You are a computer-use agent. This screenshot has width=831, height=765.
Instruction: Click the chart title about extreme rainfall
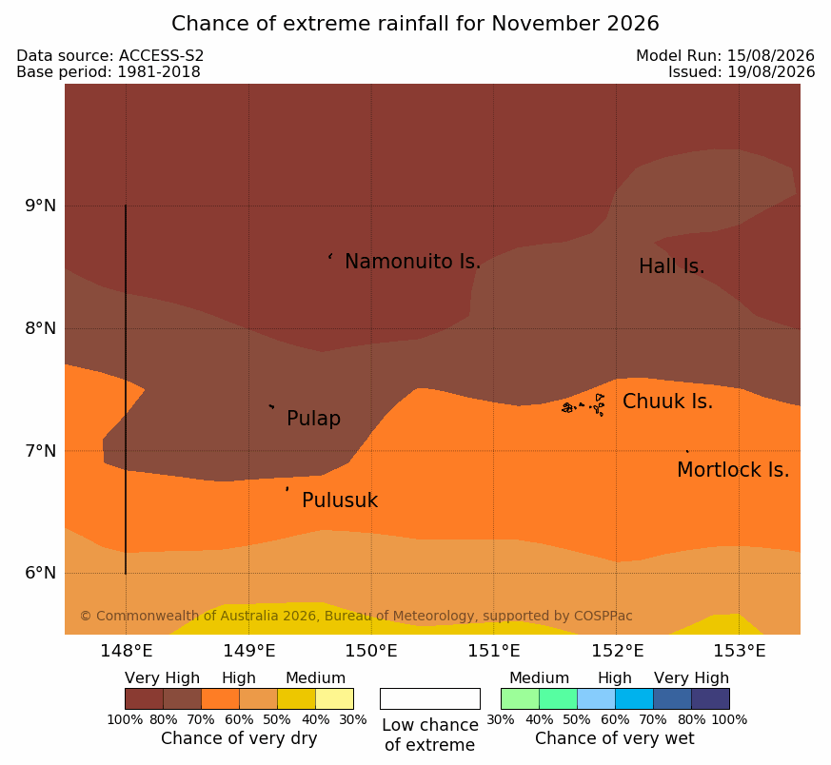coord(415,24)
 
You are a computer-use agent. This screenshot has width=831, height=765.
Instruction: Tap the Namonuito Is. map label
coord(412,262)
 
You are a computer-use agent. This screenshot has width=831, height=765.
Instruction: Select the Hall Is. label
coord(671,266)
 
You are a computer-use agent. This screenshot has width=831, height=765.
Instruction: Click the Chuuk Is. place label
coord(667,402)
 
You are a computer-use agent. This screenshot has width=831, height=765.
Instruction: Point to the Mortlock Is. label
coord(733,470)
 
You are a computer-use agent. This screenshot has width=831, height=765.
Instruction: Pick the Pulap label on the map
coord(313,419)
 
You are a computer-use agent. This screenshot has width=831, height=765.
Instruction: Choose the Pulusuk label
coord(340,500)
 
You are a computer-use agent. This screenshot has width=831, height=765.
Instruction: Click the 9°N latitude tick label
coord(41,206)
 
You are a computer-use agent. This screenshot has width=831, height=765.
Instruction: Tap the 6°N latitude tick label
coord(41,573)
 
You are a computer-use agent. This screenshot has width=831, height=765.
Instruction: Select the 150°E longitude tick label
coord(371,651)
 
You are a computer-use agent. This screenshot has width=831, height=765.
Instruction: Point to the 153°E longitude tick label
coord(739,651)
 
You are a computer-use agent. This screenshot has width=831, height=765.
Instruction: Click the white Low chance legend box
coord(430,698)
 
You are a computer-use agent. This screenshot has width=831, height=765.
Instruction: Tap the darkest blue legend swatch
coord(710,698)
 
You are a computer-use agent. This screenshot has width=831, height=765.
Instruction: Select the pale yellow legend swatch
coord(334,698)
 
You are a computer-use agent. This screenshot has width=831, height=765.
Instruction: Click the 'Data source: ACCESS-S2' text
coord(109,56)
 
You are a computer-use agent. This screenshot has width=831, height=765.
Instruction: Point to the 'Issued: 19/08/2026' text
coord(741,72)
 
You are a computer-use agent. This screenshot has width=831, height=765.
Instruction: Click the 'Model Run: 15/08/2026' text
coord(725,56)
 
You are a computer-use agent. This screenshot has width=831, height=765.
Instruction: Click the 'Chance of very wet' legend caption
coord(614,738)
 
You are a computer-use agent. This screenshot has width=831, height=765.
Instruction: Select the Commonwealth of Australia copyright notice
coord(356,616)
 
